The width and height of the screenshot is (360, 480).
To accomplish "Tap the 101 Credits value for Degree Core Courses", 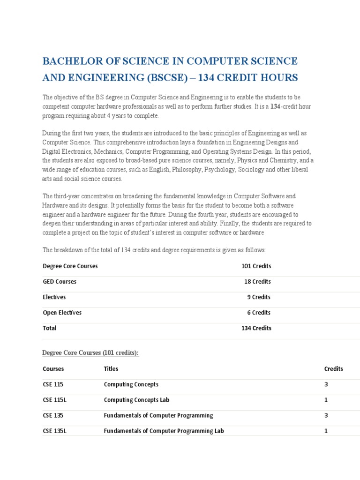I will tap(256, 266).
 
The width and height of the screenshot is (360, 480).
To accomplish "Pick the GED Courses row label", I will tap(60, 282).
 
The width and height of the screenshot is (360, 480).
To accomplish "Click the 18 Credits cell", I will tap(257, 282).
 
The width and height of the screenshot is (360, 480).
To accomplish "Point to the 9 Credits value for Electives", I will tap(259, 297).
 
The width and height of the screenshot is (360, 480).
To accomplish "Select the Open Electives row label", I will tap(62, 313).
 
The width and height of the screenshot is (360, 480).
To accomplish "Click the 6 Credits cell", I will tap(259, 313).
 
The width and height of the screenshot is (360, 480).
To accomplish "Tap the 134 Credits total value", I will tap(256, 328).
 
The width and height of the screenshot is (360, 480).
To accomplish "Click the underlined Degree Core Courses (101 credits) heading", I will tap(90, 353).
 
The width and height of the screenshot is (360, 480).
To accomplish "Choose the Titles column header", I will tap(111, 369).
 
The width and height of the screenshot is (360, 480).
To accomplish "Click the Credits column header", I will tap(333, 369).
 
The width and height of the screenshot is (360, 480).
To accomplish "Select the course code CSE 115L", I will tap(54, 400).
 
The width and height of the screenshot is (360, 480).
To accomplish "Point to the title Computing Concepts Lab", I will tap(136, 400).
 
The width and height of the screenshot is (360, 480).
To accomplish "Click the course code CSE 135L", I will tap(54, 431).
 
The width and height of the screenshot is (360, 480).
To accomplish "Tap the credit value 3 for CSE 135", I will tap(326, 415).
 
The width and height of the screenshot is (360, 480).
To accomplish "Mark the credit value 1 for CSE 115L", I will tap(326, 400).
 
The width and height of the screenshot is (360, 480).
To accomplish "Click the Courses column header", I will tap(53, 369).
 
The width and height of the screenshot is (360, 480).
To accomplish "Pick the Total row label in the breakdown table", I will tap(50, 328).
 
